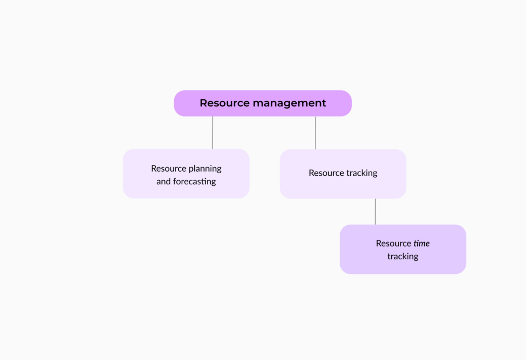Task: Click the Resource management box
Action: [x=263, y=103]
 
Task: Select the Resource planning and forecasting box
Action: [x=186, y=174]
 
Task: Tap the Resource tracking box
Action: [x=343, y=174]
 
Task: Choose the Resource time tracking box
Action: [x=402, y=249]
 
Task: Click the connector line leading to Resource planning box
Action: [x=213, y=133]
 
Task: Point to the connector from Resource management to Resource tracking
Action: [x=315, y=133]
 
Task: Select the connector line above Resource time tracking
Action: [x=375, y=212]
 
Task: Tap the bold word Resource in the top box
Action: [x=224, y=103]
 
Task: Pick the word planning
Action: [x=205, y=169]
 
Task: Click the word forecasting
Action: [x=194, y=182]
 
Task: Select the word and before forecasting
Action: [x=164, y=182]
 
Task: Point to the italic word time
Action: [x=421, y=244]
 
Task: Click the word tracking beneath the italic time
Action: [x=402, y=257]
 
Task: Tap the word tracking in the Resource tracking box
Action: [x=362, y=173]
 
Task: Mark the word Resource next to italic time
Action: [x=393, y=244]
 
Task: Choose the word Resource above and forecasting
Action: [x=168, y=169]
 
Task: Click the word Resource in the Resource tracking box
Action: [x=326, y=173]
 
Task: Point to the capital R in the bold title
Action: [x=204, y=103]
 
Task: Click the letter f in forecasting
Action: [x=175, y=181]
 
